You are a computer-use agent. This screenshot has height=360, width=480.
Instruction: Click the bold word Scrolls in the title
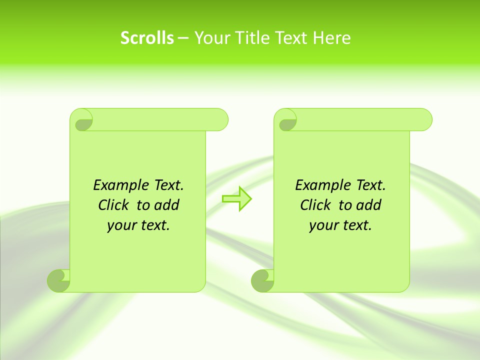coord(147,38)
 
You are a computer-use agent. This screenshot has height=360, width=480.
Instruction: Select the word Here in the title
coord(332,38)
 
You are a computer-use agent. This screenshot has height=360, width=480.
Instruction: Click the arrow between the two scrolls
coord(236,199)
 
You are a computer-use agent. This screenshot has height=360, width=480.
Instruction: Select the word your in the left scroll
coord(121,225)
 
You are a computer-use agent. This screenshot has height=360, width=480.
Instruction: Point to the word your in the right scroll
coord(323,225)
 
